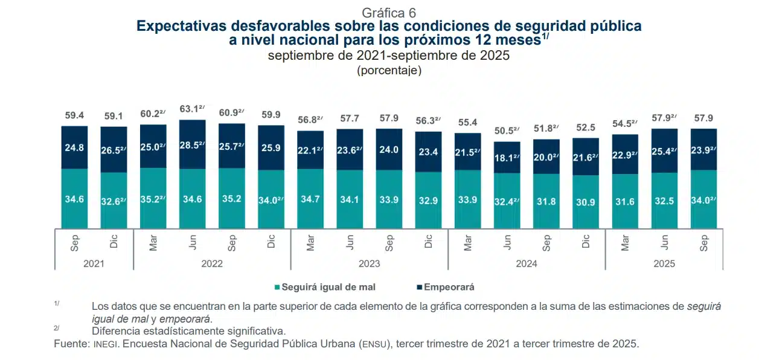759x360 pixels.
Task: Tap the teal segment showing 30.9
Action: pyautogui.click(x=586, y=202)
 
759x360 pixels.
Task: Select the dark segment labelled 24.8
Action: pyautogui.click(x=75, y=147)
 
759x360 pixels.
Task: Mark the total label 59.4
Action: pyautogui.click(x=75, y=115)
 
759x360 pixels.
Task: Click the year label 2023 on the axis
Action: pyautogui.click(x=369, y=263)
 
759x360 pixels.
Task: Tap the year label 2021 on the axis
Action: pyautogui.click(x=94, y=263)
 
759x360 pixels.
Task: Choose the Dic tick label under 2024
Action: pyautogui.click(x=586, y=242)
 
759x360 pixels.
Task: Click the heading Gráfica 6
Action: pyautogui.click(x=388, y=13)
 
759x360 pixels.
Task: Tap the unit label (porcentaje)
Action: pyautogui.click(x=389, y=70)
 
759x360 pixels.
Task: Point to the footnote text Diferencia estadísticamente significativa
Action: pyautogui.click(x=188, y=331)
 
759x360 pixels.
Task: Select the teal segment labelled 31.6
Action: pyautogui.click(x=625, y=201)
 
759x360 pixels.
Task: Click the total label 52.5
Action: pyautogui.click(x=586, y=127)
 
